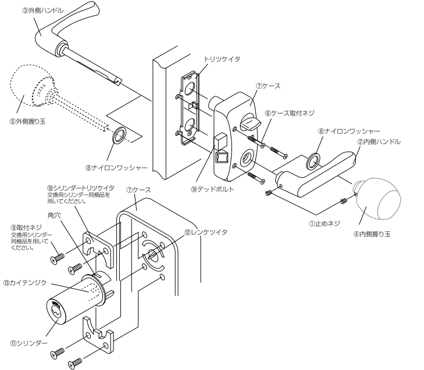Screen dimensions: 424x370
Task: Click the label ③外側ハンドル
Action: tap(42, 10)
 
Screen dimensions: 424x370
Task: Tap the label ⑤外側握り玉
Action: tap(27, 121)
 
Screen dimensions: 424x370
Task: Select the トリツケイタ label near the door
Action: tap(222, 59)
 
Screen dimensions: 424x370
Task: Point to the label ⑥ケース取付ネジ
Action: tap(289, 113)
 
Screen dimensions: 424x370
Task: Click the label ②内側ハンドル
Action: tap(379, 142)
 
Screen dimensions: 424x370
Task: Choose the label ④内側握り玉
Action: tap(372, 234)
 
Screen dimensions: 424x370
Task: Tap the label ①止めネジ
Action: tap(324, 224)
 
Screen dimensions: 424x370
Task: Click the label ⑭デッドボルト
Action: tap(212, 189)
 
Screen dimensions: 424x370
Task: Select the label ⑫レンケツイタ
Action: tap(206, 232)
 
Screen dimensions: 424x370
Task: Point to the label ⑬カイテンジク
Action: tap(25, 283)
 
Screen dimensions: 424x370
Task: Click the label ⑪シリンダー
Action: tap(28, 343)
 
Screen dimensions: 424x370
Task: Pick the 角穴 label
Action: tap(54, 215)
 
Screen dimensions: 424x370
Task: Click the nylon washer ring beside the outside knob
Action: tap(119, 135)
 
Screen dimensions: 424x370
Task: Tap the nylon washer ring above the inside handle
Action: tap(313, 161)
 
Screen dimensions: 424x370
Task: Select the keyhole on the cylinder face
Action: tap(56, 313)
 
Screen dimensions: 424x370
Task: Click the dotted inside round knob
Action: tap(377, 199)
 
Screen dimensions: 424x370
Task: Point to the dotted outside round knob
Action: tap(33, 85)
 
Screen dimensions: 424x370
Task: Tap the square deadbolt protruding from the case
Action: tap(220, 142)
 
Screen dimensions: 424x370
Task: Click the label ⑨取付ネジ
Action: tap(26, 228)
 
